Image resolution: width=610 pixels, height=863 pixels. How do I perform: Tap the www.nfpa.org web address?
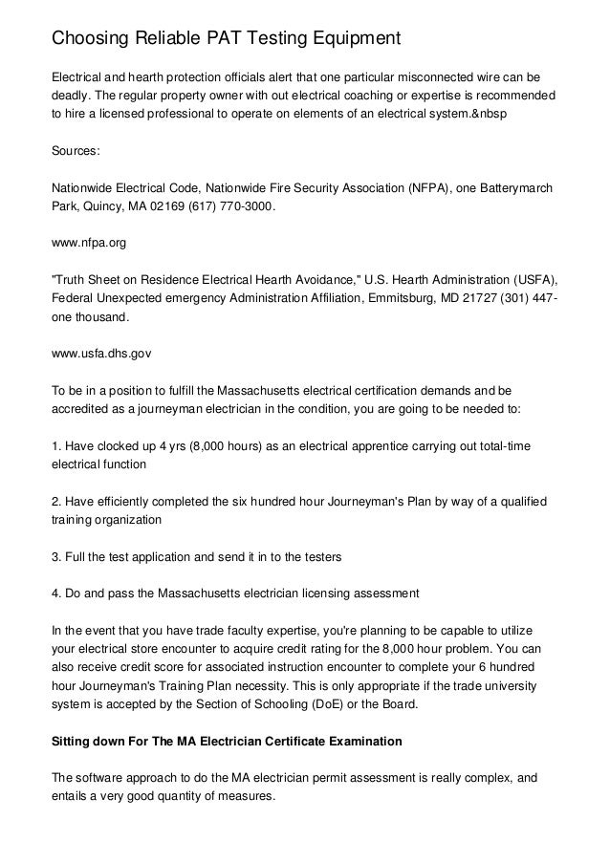pyautogui.click(x=88, y=244)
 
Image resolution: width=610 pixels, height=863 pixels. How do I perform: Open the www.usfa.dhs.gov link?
pyautogui.click(x=100, y=353)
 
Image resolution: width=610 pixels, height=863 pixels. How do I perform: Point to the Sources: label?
pyautogui.click(x=76, y=151)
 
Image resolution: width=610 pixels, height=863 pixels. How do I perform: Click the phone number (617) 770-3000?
pyautogui.click(x=233, y=205)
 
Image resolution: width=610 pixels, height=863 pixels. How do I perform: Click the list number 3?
pyautogui.click(x=54, y=554)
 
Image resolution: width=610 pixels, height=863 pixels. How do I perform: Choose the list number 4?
pyautogui.click(x=54, y=593)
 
